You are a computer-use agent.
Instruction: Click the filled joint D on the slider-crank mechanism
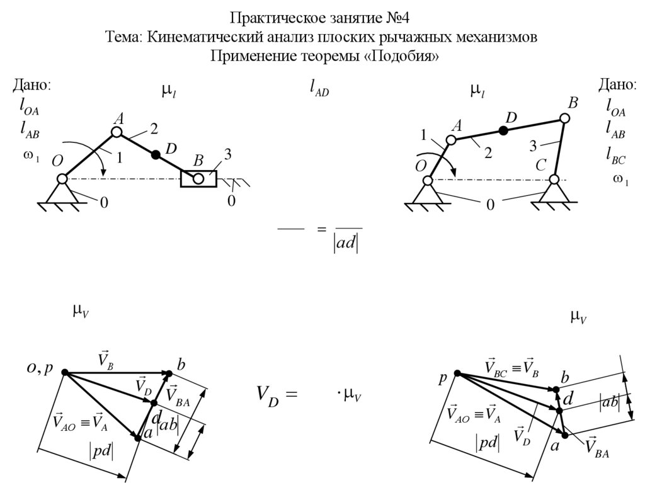154,154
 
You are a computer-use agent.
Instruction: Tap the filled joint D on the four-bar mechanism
503,130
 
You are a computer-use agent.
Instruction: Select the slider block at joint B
198,179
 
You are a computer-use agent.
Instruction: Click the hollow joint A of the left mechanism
117,132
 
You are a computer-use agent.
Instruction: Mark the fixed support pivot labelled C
554,180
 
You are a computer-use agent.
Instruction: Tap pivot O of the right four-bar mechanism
428,181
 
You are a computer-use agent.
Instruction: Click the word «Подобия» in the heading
403,57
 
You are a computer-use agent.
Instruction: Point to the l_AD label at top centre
319,90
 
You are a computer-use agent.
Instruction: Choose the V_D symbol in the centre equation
268,395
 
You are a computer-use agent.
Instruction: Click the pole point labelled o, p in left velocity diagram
64,372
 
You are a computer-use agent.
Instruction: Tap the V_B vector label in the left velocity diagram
105,360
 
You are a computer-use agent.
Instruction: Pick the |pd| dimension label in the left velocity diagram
100,452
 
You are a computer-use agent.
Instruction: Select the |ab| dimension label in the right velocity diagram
609,402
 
